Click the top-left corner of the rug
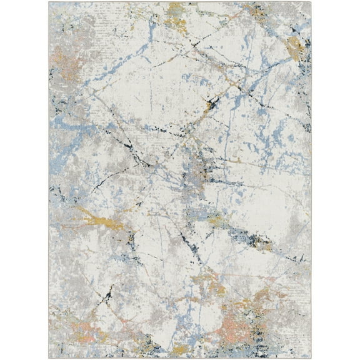(49, 2)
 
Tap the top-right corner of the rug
(311, 2)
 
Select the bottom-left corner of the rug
(49, 357)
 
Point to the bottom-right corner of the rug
(311, 357)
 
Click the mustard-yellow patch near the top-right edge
(296, 47)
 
